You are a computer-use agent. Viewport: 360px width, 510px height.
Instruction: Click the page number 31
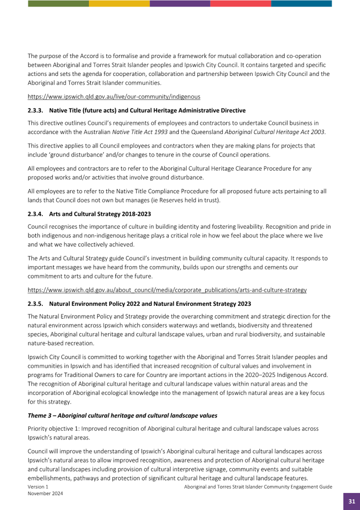click(351, 501)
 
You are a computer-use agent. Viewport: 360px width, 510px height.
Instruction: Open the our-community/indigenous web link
click(114, 97)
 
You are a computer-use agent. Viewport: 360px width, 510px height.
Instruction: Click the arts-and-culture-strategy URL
click(167, 290)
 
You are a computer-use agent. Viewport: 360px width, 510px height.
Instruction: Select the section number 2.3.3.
click(36, 111)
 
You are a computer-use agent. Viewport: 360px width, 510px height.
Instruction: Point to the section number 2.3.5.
click(36, 304)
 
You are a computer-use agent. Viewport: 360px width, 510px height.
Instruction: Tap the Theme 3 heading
click(122, 415)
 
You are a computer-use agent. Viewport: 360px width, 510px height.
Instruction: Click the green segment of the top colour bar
click(58, 3)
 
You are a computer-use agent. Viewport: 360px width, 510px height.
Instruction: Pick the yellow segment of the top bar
click(119, 3)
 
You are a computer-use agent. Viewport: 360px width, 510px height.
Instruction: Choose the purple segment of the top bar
click(180, 3)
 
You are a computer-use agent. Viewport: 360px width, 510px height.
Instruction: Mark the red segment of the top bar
click(240, 3)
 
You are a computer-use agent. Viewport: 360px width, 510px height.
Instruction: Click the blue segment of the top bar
click(301, 3)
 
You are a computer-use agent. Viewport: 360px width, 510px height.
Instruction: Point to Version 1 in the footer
click(38, 487)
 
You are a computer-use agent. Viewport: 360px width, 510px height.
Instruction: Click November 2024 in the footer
click(45, 493)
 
